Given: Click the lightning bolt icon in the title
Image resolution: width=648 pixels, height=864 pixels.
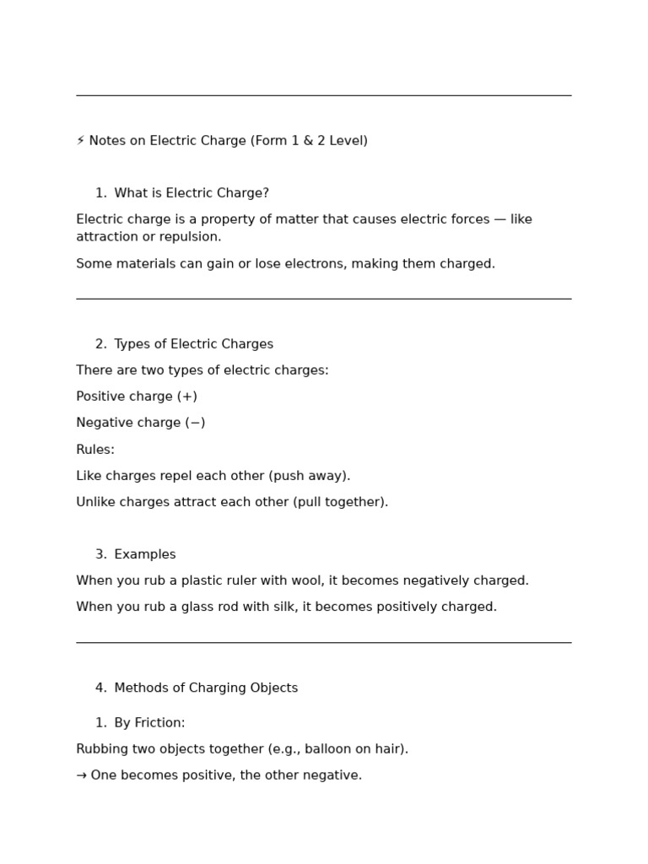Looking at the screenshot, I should point(80,141).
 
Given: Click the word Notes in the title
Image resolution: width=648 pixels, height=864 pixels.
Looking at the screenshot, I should point(106,141).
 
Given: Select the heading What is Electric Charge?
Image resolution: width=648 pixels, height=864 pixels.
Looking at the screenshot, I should point(192,193).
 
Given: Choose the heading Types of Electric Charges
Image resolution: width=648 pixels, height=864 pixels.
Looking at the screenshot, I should point(193,344).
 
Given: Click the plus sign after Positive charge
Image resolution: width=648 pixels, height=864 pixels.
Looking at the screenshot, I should point(187,397).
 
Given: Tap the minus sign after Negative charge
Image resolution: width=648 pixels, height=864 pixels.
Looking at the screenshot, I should point(196,423).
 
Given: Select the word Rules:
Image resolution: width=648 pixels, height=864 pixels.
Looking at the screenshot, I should point(95,450).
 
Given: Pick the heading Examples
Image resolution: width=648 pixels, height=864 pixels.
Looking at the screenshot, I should point(145,554).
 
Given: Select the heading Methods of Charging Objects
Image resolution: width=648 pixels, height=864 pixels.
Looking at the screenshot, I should point(206,688).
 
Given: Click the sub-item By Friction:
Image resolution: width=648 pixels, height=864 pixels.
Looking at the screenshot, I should point(149,723).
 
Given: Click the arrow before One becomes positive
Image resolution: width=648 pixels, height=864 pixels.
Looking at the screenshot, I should point(81,775).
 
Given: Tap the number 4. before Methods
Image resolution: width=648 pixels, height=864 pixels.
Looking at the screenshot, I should point(101,688).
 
